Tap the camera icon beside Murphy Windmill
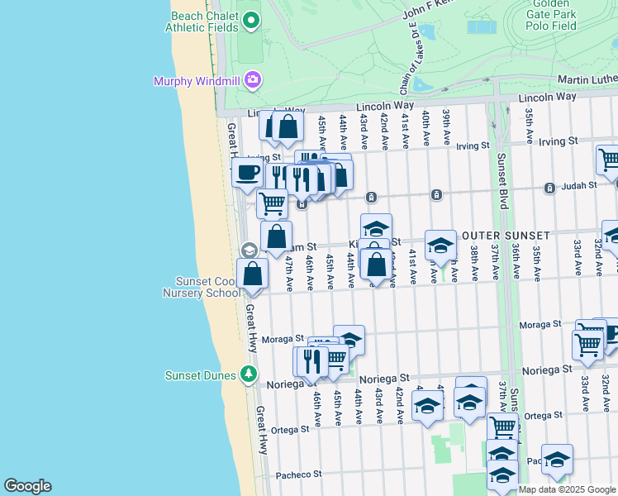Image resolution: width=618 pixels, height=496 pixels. coord(253,80)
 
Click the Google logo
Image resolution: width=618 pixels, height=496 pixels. coord(27,486)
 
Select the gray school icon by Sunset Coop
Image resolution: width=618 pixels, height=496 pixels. coord(249,250)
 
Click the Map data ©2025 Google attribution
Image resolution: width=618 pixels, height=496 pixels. coord(568,489)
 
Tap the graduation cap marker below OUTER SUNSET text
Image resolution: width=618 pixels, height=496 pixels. coord(440,246)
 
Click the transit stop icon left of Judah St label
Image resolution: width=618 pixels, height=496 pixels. coord(549,188)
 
